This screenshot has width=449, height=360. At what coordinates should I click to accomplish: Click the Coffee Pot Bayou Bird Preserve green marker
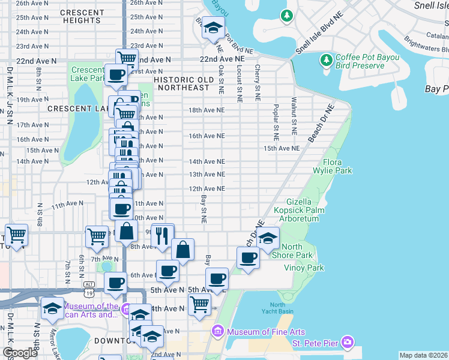[x=326, y=61]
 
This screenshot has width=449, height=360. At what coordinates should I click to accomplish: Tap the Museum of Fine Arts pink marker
[x=217, y=332]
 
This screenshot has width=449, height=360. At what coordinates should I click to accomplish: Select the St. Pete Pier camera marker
[x=348, y=343]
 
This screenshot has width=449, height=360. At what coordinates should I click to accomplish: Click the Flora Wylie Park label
[x=337, y=166]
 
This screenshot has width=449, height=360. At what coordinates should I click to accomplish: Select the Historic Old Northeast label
[x=183, y=83]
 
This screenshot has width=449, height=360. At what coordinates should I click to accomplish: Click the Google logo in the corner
[x=19, y=353]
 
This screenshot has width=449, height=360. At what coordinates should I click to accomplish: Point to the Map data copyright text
[x=423, y=355]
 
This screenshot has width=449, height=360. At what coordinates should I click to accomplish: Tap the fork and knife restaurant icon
[x=161, y=235]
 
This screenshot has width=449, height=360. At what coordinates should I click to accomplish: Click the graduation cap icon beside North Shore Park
[x=268, y=238]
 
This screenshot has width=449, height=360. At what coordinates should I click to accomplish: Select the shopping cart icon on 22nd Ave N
[x=127, y=59]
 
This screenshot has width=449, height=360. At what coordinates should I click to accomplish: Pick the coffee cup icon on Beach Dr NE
[x=247, y=259]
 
